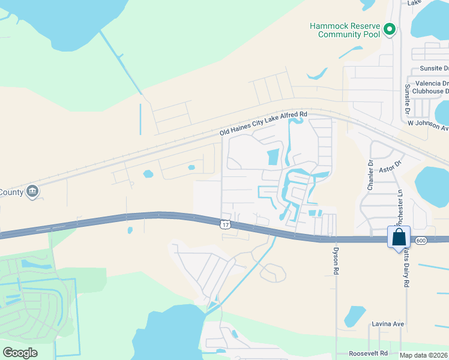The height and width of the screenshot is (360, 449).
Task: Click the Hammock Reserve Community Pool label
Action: pos(345,30)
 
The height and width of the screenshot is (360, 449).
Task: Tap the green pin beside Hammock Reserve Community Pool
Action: pos(389,29)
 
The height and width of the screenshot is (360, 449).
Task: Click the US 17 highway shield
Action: pos(224,224)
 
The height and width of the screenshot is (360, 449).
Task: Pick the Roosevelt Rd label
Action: pos(367,353)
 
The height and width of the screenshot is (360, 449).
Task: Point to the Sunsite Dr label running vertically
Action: pos(408,100)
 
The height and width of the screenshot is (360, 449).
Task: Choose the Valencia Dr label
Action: pos(429,83)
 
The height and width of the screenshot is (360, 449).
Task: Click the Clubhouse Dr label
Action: pos(428,91)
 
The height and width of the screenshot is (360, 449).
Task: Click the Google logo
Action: pos(20,353)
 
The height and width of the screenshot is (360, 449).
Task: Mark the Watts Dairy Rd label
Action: pos(406,269)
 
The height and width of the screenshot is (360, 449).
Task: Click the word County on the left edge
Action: pos(11,192)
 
